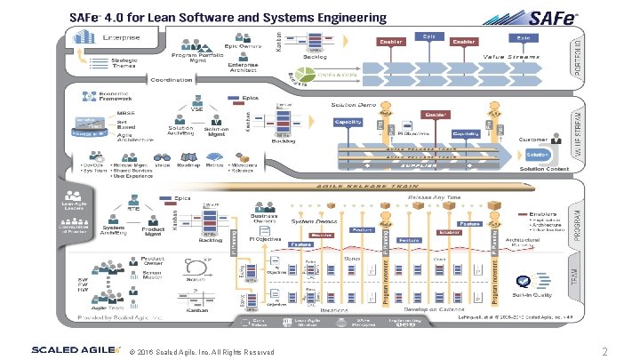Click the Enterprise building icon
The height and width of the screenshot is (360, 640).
86,40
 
